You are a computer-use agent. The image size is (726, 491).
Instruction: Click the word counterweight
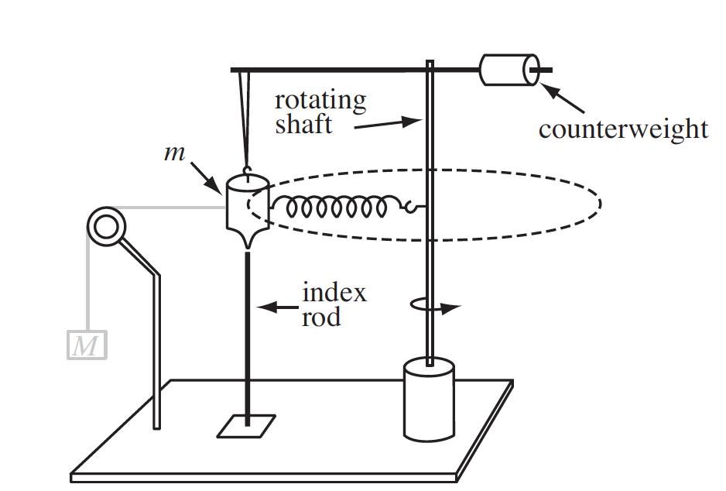[623, 129]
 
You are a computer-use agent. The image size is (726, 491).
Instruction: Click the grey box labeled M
[87, 344]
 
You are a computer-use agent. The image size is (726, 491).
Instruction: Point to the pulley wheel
[106, 226]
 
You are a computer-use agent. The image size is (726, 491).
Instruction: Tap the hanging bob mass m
[246, 205]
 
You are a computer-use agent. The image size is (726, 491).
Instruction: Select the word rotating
[320, 100]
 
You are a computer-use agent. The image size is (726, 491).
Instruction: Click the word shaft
[303, 124]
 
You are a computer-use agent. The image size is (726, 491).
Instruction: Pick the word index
[334, 293]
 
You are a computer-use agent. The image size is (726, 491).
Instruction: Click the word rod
[320, 316]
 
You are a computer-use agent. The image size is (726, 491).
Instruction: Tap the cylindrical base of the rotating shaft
[428, 399]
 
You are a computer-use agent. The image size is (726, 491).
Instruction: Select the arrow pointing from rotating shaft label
[387, 123]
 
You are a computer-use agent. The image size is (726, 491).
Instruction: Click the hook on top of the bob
[248, 171]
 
